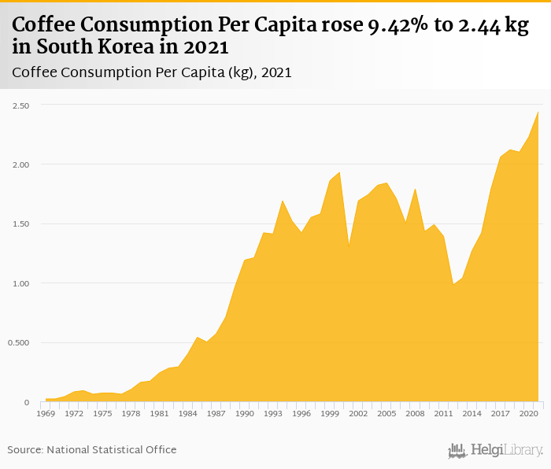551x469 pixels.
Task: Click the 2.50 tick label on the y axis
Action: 20,105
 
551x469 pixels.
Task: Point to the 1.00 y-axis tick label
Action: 20,283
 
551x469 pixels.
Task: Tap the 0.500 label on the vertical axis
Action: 19,343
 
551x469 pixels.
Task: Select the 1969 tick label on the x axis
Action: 46,412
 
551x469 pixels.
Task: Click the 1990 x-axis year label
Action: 245,412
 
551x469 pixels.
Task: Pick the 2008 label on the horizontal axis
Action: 415,412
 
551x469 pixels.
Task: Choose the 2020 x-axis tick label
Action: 528,412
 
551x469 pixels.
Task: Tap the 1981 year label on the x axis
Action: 160,412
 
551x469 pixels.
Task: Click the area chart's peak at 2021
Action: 538,112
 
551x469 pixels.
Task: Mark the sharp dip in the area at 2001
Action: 349,247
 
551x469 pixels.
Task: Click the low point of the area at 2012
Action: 453,285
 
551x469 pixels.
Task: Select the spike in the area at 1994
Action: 283,201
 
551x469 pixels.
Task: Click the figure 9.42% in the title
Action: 401,25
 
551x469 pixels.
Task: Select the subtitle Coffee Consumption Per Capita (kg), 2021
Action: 152,72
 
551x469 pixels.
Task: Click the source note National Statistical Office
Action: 111,449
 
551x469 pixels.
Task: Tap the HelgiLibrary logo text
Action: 504,450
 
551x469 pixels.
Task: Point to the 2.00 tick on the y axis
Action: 20,164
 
